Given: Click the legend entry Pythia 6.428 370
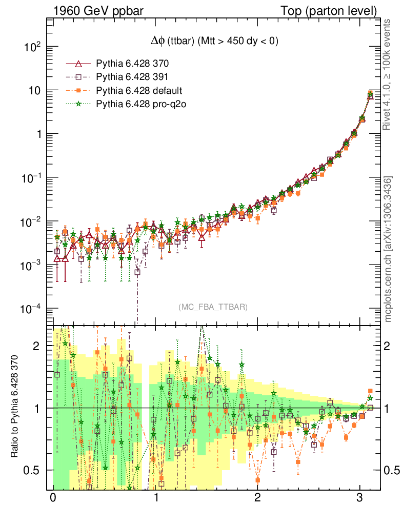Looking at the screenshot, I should pyautogui.click(x=132, y=64).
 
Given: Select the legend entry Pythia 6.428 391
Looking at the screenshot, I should pyautogui.click(x=132, y=77).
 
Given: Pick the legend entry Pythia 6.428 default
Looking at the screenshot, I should pyautogui.click(x=138, y=91).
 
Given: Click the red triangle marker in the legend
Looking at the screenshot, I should pyautogui.click(x=79, y=64).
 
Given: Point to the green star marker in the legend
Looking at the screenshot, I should pyautogui.click(x=79, y=104).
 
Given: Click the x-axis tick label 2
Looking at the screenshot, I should pyautogui.click(x=257, y=499).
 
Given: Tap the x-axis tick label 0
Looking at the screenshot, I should pyautogui.click(x=53, y=499).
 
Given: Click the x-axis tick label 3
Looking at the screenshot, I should pyautogui.click(x=360, y=499).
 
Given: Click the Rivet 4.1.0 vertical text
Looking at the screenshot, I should pyautogui.click(x=389, y=75).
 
